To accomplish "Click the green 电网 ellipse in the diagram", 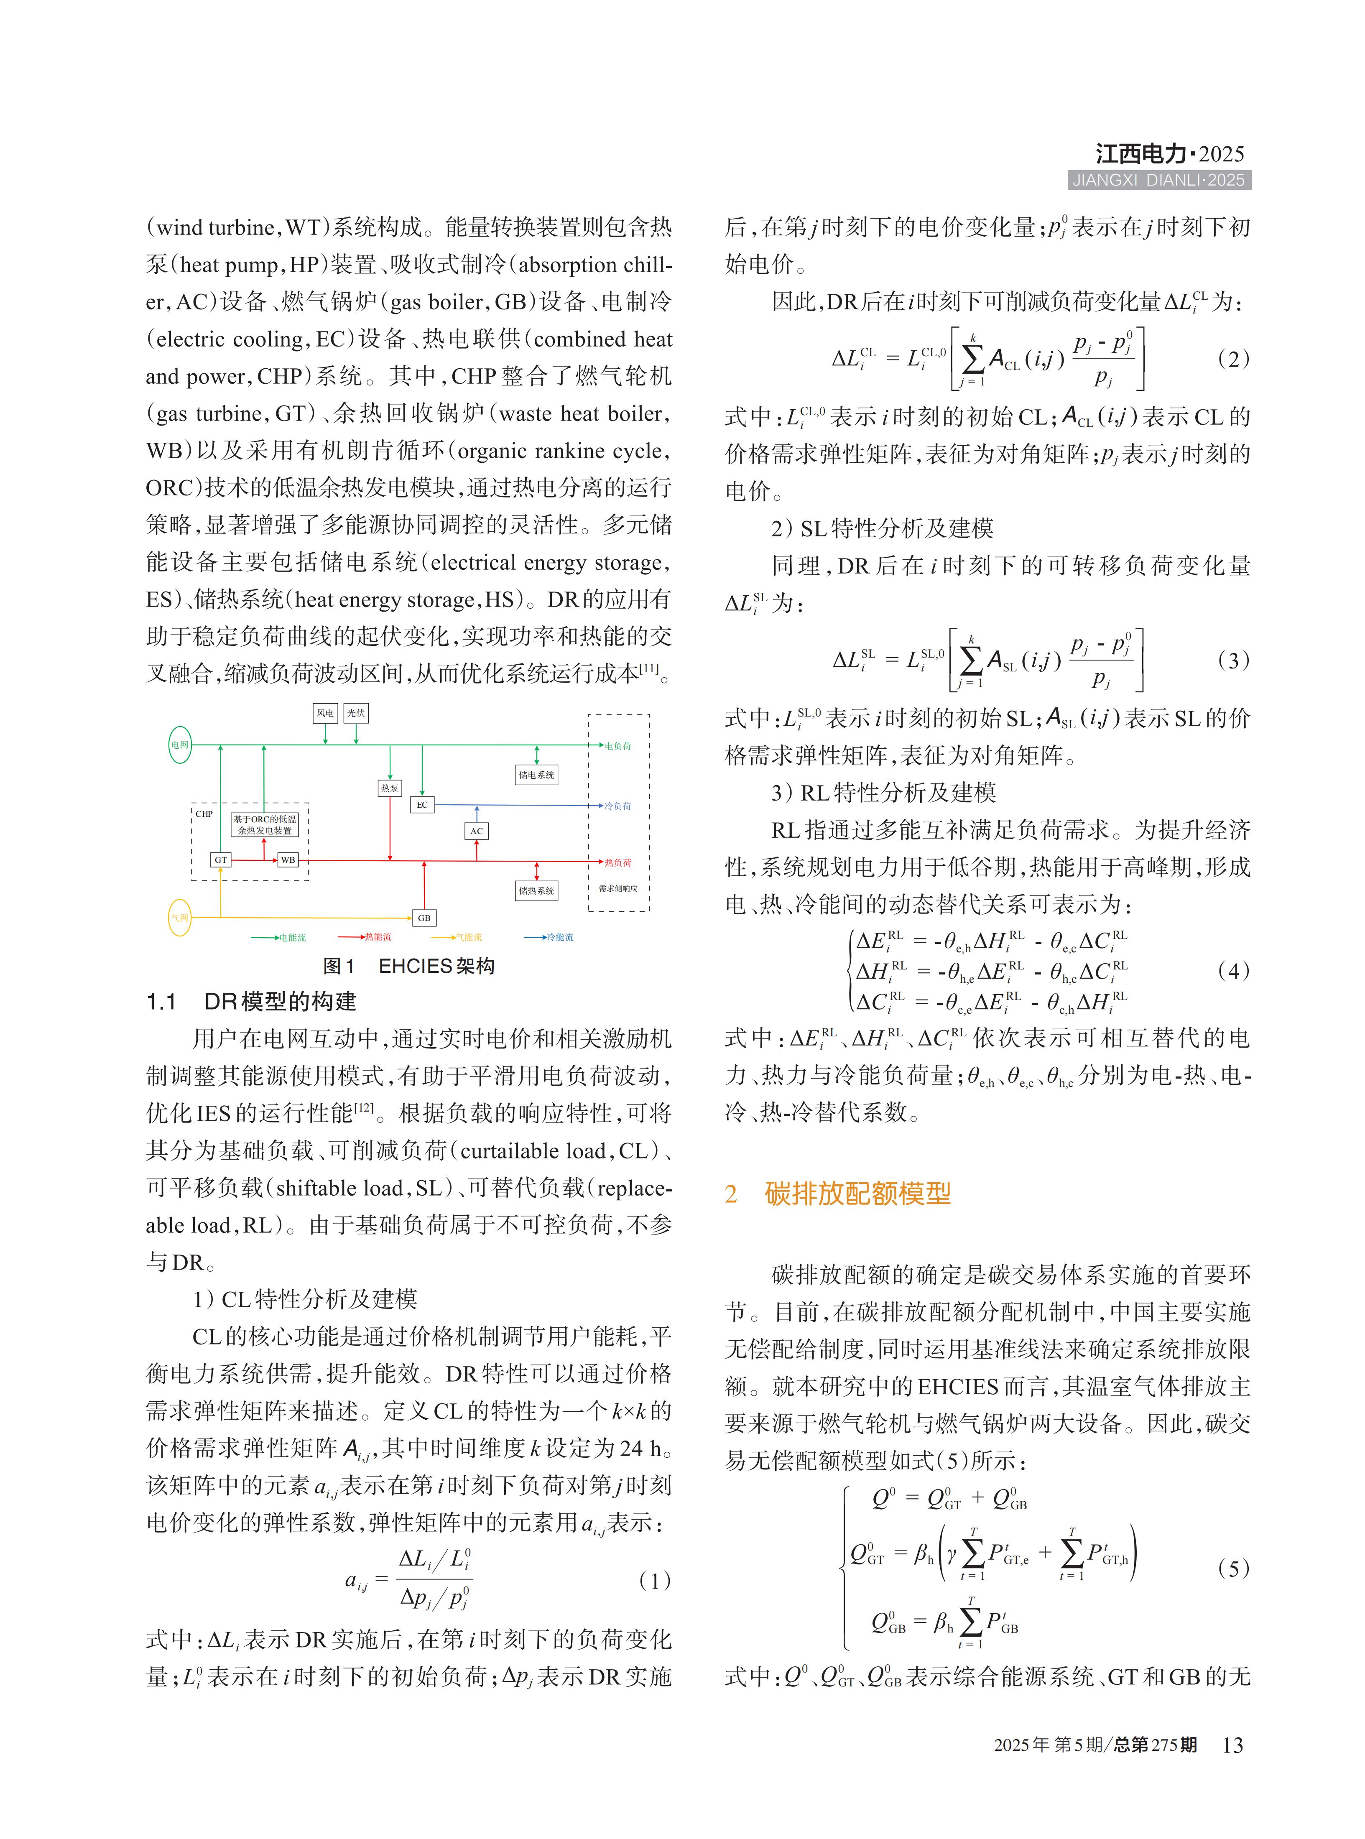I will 179,745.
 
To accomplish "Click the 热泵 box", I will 389,788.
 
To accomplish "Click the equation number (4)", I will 1233,971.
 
